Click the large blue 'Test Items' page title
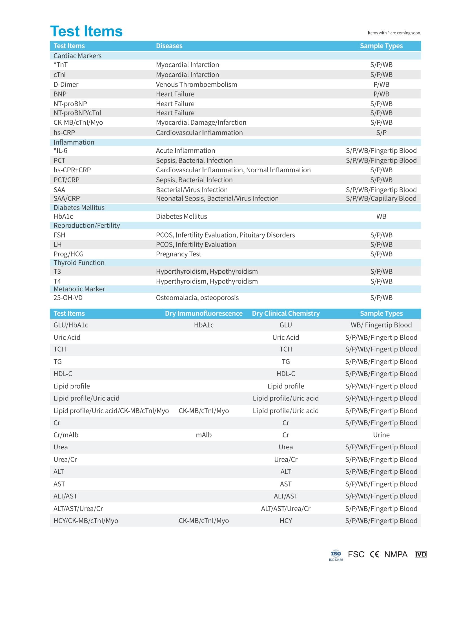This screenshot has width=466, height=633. [x=86, y=31]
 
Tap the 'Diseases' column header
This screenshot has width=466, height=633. [x=169, y=46]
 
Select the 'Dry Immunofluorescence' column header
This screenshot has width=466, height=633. [x=203, y=313]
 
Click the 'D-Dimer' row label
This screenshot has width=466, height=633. [x=66, y=84]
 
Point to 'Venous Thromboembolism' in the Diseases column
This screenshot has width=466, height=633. [x=196, y=84]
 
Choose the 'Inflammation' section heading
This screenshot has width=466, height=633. [x=74, y=142]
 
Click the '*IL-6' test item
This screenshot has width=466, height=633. [x=60, y=151]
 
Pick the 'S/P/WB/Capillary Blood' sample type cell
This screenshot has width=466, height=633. [x=381, y=198]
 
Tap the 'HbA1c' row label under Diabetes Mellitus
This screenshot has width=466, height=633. [x=63, y=216]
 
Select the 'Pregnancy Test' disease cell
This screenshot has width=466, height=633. [x=179, y=254]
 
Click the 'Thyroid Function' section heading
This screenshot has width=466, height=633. [x=79, y=263]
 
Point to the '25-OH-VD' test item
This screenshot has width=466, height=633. [x=68, y=298]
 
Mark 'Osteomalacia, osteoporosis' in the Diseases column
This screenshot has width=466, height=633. [x=197, y=298]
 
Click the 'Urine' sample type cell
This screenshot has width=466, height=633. [x=381, y=435]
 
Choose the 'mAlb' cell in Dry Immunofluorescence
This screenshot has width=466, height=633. [x=204, y=435]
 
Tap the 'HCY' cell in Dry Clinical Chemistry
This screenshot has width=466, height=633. [x=286, y=520]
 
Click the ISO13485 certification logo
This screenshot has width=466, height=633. [x=336, y=555]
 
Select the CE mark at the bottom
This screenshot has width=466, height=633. [x=374, y=555]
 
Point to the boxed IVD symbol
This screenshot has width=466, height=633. [x=421, y=555]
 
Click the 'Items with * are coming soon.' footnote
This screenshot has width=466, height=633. [x=394, y=33]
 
